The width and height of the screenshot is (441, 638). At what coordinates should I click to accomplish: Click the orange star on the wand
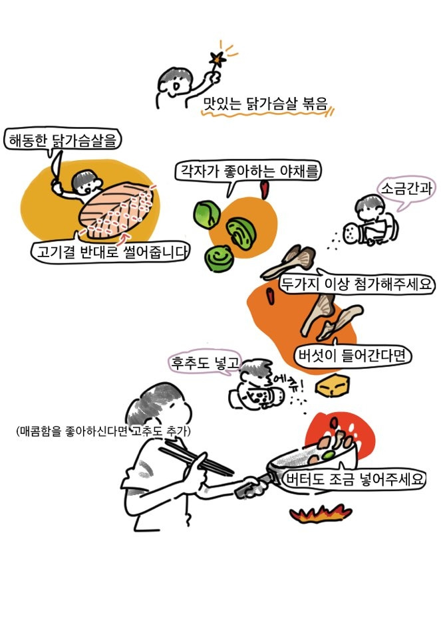(218, 60)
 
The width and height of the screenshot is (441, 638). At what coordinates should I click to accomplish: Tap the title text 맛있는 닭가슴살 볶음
(265, 104)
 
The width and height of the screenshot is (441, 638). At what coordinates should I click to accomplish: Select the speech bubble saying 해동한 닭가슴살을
(63, 140)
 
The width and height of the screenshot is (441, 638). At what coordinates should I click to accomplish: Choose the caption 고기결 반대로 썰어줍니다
(111, 251)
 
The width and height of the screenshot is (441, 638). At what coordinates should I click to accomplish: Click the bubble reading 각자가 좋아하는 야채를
(248, 171)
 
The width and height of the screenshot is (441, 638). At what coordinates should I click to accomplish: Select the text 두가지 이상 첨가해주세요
(357, 284)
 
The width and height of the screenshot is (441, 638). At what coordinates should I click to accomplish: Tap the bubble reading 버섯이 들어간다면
(353, 355)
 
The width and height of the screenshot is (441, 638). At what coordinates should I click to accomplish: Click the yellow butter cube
(333, 385)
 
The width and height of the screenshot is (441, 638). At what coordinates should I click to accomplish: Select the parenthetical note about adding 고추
(103, 431)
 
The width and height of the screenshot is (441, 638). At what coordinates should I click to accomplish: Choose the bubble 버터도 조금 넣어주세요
(355, 479)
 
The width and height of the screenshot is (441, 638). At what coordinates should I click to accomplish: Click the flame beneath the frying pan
(321, 514)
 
